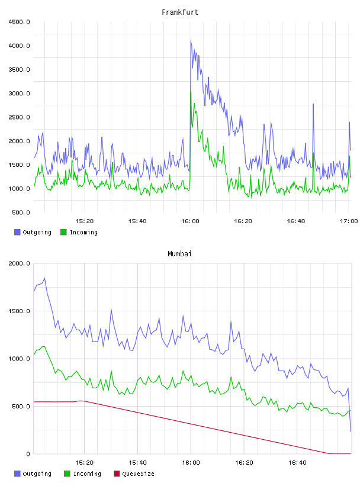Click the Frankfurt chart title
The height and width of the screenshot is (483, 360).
coord(180,12)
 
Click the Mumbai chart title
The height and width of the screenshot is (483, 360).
coord(179,253)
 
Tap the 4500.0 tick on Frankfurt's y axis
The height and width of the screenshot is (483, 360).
coord(20,22)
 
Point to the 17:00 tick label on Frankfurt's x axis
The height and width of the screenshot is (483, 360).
coord(349,221)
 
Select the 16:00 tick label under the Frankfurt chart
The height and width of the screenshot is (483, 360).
coord(190,221)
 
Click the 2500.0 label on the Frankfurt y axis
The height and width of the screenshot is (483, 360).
coord(20,117)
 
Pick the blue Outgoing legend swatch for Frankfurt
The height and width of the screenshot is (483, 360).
coord(17,232)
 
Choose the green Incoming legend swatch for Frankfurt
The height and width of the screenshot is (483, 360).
coord(63,232)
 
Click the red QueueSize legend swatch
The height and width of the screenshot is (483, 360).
coord(117,474)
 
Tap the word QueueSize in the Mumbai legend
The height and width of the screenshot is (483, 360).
coord(138,474)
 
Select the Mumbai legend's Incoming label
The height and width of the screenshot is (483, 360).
coord(87,474)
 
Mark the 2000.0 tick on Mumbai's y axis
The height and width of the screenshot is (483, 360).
coord(20,263)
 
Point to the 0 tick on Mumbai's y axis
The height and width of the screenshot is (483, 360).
coord(28,454)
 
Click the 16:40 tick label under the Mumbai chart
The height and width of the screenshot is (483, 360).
coord(297,462)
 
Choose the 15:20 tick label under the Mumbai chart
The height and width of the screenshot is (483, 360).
coord(84,462)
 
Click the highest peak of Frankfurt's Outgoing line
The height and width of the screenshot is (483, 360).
coord(191,41)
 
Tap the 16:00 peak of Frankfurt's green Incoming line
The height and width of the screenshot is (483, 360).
coord(191,92)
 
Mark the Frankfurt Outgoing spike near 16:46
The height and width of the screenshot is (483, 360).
coord(313,104)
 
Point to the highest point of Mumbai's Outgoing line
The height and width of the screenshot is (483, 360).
coord(44,278)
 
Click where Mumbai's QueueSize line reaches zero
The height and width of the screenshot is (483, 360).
coord(329,453)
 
